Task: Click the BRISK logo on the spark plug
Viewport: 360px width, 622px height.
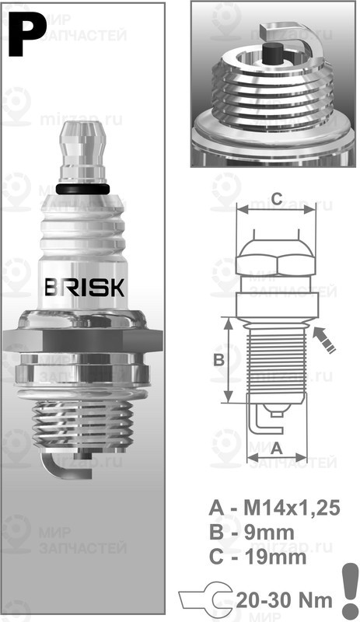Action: pyautogui.click(x=83, y=287)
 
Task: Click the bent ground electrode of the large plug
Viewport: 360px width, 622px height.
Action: pyautogui.click(x=56, y=464)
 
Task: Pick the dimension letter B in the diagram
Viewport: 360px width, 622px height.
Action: pyautogui.click(x=219, y=360)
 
